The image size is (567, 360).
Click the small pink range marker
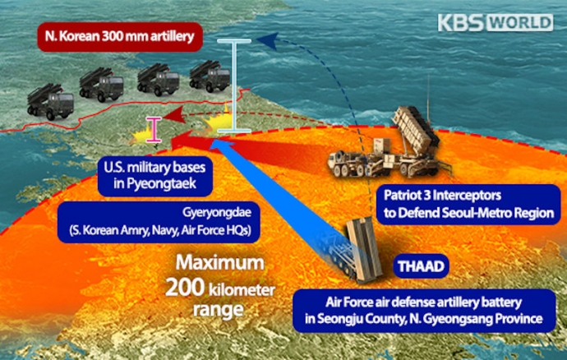pyautogui.click(x=151, y=129)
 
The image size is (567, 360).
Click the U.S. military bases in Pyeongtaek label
pyautogui.click(x=154, y=174)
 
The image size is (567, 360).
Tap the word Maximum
pyautogui.click(x=220, y=265)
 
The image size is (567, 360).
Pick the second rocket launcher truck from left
pyautogui.click(x=102, y=86)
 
